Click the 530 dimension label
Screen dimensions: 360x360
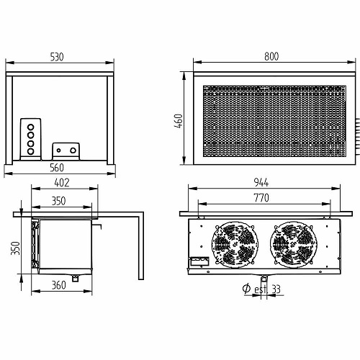pos(57,57)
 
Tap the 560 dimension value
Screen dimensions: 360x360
pos(57,168)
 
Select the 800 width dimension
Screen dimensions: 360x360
pos(271,56)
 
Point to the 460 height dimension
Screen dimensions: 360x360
pos(179,121)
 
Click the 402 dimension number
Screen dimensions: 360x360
pos(62,183)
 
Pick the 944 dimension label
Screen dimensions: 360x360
pos(261,183)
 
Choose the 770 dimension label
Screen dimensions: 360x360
pos(261,198)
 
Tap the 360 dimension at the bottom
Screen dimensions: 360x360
pos(59,285)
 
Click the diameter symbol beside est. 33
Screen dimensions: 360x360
pos(246,289)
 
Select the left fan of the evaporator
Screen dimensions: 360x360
pos(235,245)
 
